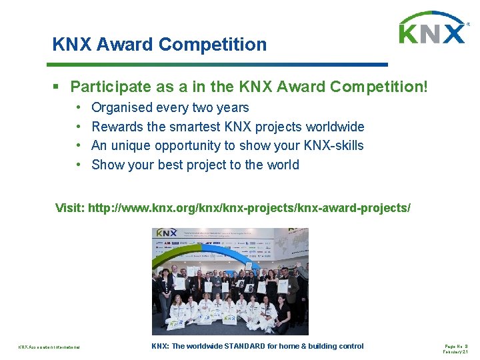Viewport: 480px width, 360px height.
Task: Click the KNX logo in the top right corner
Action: [432, 29]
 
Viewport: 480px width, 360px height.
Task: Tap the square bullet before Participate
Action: [59, 87]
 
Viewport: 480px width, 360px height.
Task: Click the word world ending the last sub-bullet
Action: [282, 165]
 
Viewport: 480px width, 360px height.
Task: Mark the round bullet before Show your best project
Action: [79, 165]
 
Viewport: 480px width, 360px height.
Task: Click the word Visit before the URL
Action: [71, 208]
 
